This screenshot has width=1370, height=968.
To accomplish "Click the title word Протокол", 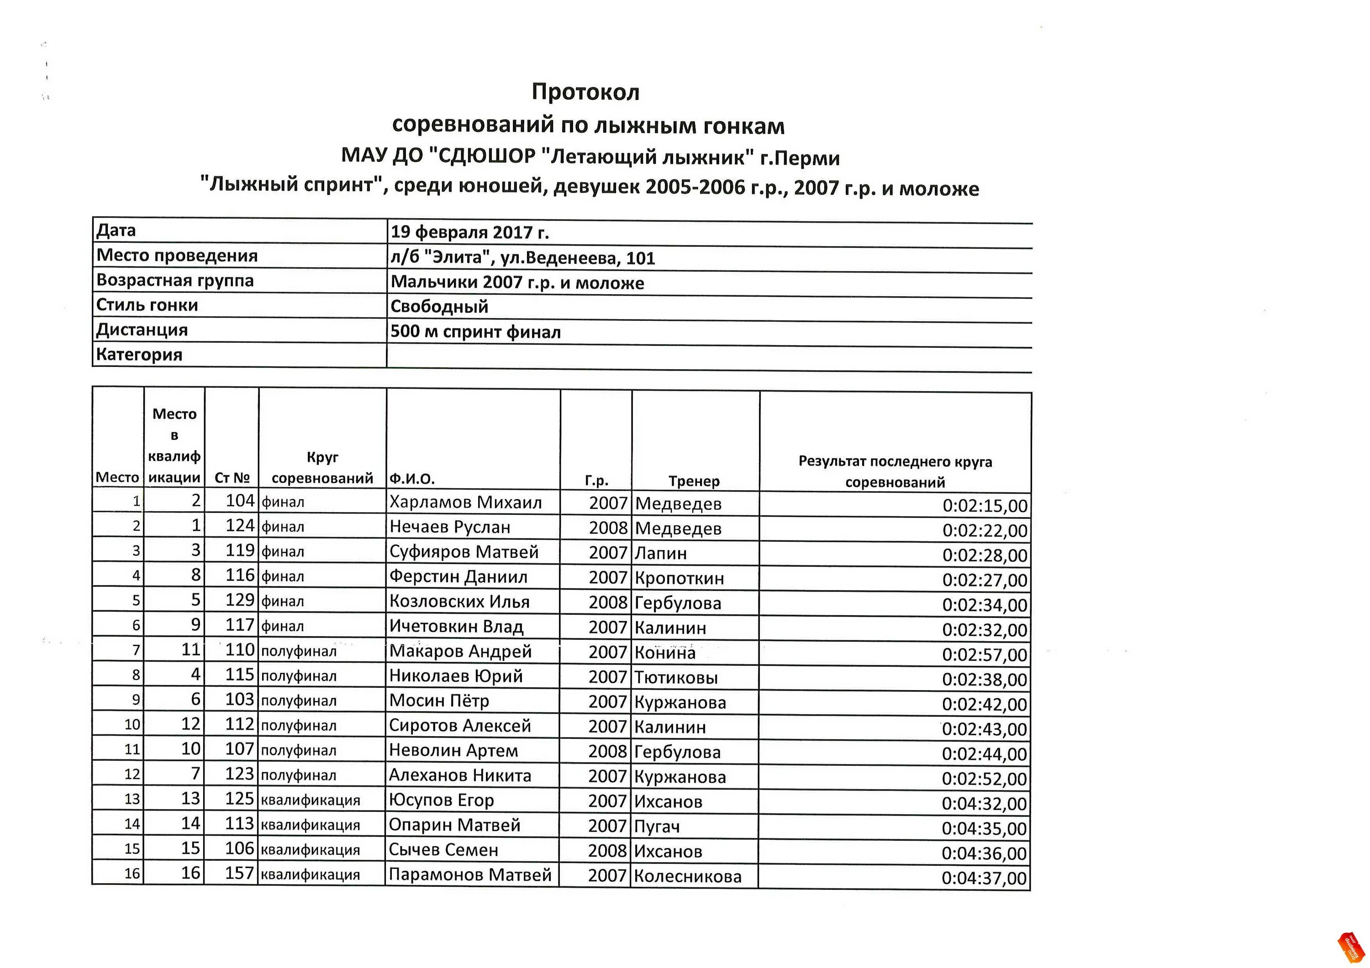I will (585, 93).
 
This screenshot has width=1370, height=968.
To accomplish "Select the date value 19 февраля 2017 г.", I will (469, 232).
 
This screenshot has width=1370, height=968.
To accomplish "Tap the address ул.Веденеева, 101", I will (577, 258).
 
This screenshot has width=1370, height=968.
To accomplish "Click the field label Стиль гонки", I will (147, 305).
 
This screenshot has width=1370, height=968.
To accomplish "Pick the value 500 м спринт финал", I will (475, 332).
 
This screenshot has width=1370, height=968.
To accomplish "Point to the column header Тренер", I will (694, 481).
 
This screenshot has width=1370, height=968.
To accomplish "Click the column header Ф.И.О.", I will (412, 478).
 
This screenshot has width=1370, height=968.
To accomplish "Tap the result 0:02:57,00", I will (985, 655).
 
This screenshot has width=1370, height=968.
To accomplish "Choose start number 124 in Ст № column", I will (240, 525).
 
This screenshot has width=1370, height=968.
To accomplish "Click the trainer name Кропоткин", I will (679, 578).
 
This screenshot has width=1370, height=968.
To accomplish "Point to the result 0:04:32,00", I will (984, 803).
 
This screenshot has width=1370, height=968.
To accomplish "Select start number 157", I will (239, 873).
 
